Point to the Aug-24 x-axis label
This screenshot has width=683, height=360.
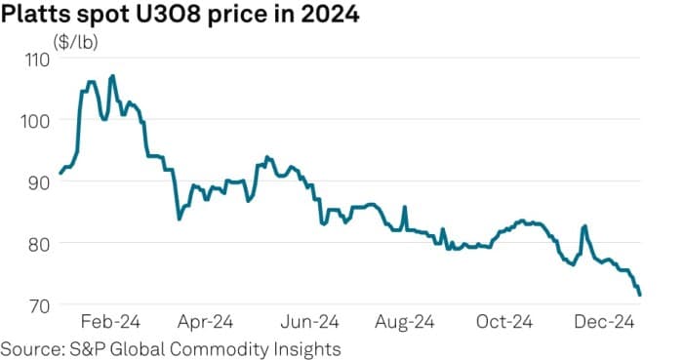click(x=407, y=322)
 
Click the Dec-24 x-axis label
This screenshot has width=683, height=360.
click(x=609, y=322)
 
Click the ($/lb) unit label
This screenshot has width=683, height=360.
click(x=74, y=42)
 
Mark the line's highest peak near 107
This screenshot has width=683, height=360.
click(x=113, y=75)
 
